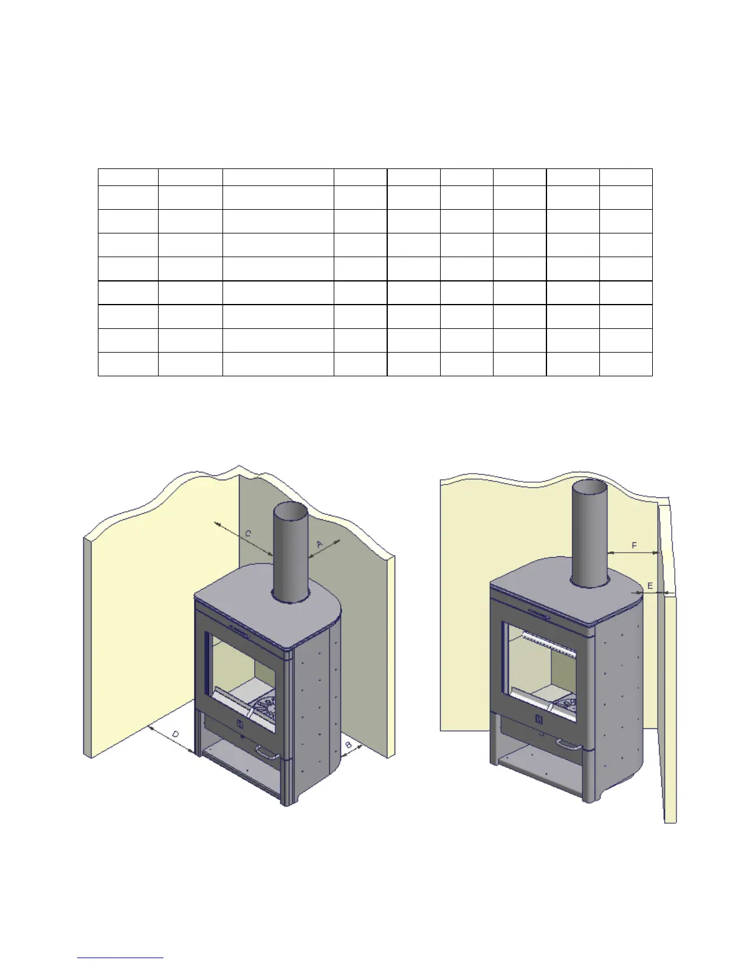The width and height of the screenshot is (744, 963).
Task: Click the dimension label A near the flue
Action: [x=320, y=544]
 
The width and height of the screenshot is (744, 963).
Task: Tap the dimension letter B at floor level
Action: [x=348, y=745]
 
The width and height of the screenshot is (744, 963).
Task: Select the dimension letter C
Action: [x=248, y=534]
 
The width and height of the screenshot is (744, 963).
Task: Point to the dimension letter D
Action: [x=176, y=734]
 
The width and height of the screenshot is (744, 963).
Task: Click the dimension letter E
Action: [x=650, y=586]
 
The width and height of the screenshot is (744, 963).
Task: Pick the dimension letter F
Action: [x=634, y=545]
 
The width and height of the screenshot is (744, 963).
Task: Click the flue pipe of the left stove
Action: [x=291, y=552]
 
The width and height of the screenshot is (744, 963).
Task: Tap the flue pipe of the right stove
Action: [x=590, y=534]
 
